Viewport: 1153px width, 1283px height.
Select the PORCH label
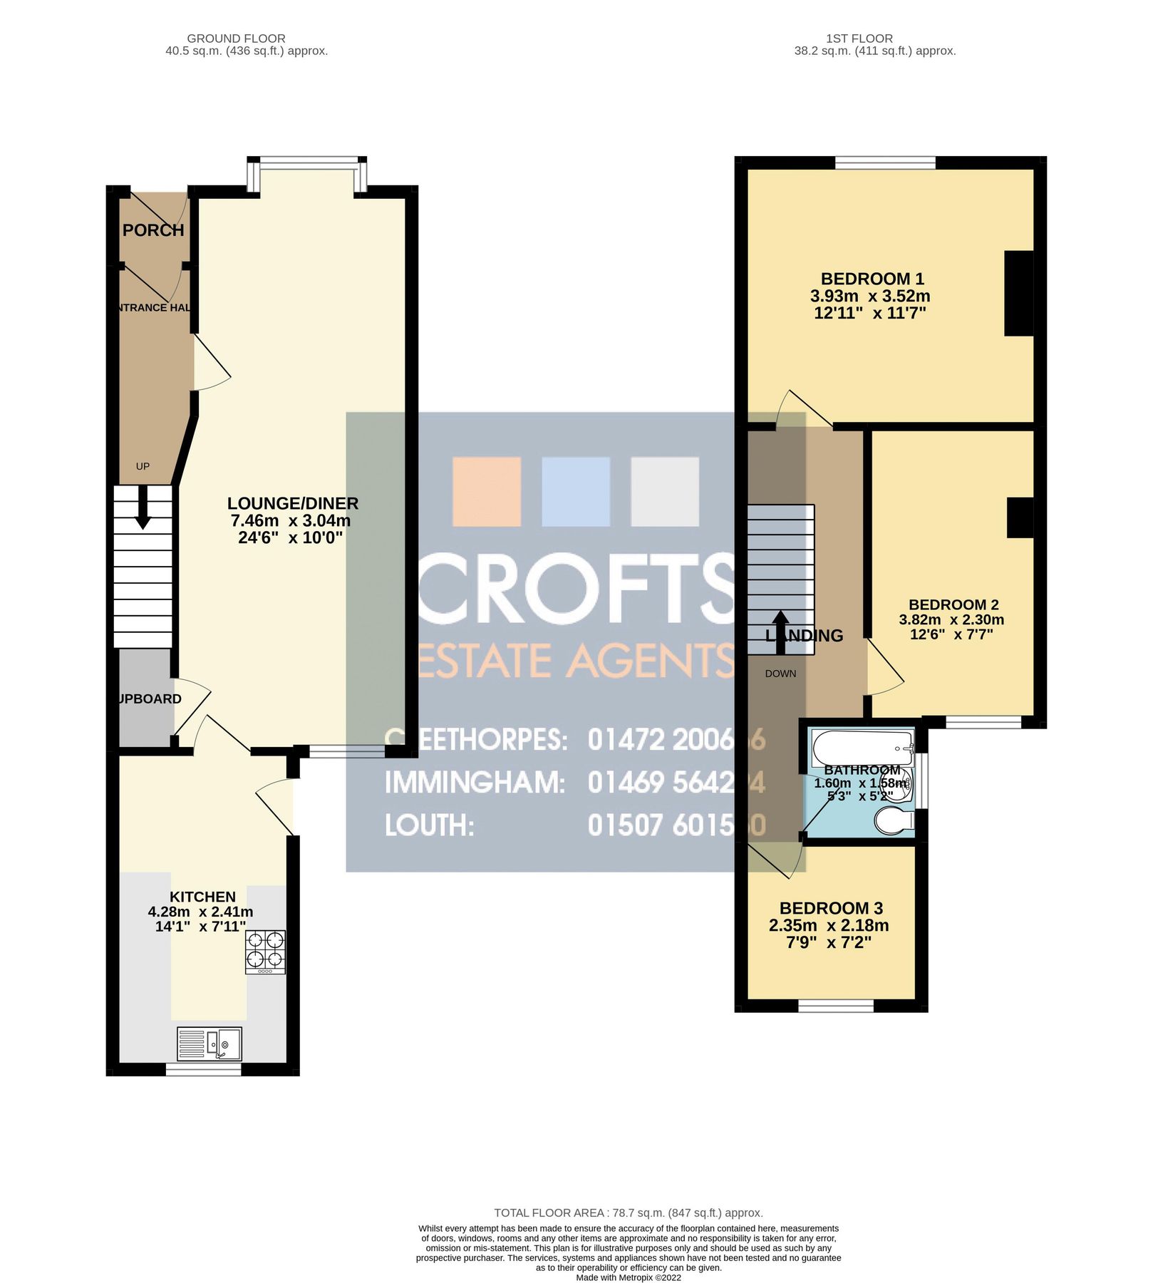click(153, 230)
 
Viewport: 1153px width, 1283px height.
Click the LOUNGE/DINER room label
click(292, 503)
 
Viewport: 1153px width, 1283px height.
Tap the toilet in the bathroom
click(894, 824)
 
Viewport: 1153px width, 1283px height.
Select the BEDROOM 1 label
click(872, 279)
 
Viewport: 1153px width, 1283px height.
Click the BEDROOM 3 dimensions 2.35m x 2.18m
click(829, 925)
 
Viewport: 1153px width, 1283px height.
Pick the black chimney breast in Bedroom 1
click(1018, 293)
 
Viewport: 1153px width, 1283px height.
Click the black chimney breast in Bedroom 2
click(1020, 517)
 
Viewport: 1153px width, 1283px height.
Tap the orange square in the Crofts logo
click(487, 492)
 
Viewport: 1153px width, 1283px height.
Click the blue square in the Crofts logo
click(576, 492)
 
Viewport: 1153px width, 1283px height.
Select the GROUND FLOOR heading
click(236, 38)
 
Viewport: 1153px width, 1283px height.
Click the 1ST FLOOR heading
click(859, 38)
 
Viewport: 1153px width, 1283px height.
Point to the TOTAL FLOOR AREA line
click(629, 1212)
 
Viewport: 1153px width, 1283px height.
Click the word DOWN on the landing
click(780, 674)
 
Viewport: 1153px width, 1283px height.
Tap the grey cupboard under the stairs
click(145, 697)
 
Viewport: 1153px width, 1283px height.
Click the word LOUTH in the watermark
click(429, 825)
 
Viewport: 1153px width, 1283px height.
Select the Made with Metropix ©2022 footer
click(629, 1277)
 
